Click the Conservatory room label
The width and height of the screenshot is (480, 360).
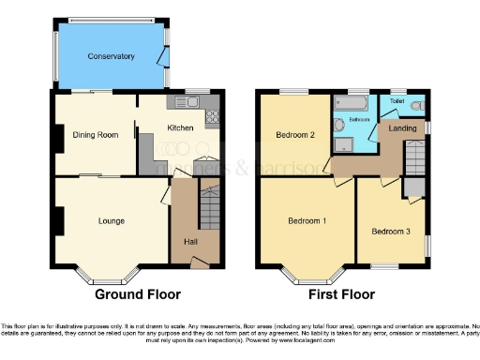(112, 56)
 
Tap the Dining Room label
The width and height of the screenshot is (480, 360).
(96, 135)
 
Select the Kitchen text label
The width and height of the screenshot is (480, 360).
(180, 127)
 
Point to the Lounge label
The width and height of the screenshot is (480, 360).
(112, 221)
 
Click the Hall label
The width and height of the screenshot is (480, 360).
(190, 242)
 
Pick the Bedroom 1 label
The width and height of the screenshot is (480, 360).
(307, 221)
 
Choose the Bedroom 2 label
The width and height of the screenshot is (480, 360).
(293, 135)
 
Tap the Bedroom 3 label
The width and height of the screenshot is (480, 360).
(390, 231)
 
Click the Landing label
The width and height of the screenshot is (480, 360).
(403, 127)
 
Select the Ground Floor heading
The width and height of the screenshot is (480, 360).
(138, 293)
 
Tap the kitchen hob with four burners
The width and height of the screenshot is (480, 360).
(212, 116)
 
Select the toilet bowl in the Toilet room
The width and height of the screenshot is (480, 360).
(415, 104)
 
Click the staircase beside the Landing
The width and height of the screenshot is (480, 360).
(414, 158)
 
